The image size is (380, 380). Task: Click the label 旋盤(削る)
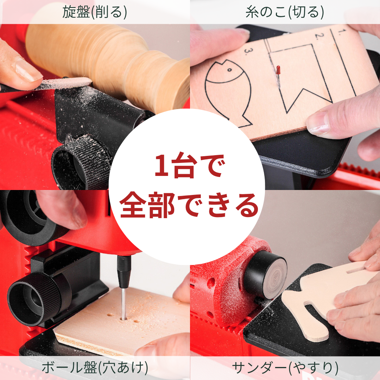[95, 12]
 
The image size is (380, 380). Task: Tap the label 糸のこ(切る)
[285, 12]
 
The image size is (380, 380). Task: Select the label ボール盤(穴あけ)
[95, 368]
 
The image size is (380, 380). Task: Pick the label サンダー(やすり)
[285, 368]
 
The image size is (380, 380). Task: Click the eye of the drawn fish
[229, 70]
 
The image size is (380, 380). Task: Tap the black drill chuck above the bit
[124, 271]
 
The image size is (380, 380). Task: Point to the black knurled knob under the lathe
[81, 165]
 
